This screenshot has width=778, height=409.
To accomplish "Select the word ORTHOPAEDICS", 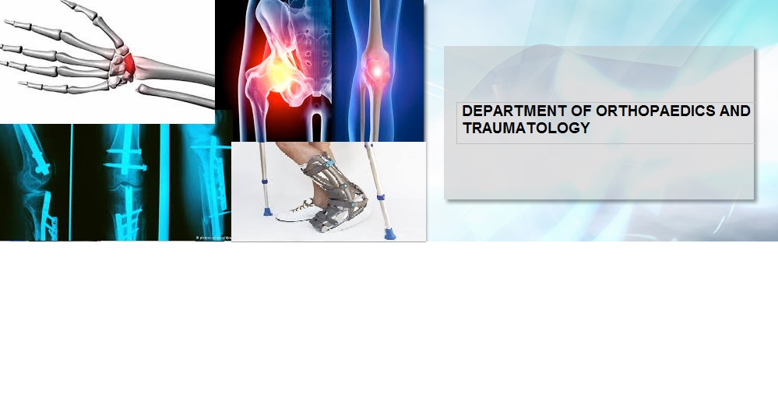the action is (656, 111).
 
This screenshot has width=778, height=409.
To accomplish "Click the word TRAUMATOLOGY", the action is (526, 128).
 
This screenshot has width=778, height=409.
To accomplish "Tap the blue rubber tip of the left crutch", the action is (267, 212).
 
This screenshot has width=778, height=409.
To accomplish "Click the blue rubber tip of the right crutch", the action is (389, 234).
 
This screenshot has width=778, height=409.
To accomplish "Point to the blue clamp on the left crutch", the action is (265, 183).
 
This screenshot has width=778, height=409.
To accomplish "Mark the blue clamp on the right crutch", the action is (381, 198).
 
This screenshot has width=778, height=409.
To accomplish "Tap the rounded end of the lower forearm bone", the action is (142, 89).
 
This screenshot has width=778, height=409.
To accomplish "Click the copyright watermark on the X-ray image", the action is (213, 238).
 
